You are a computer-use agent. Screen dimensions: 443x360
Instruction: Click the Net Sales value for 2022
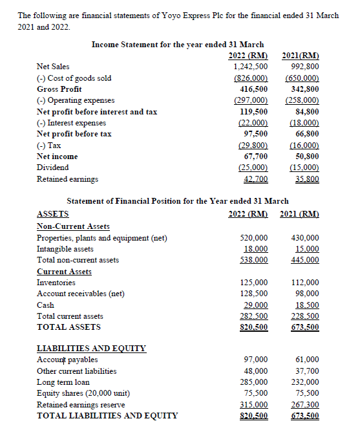coord(251,67)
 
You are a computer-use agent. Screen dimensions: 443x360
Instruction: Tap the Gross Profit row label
coord(59,89)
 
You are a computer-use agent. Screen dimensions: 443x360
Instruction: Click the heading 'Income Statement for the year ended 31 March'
coord(178,44)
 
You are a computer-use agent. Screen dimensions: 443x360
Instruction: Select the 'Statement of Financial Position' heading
coord(178,201)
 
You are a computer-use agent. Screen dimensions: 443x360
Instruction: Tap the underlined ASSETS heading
coord(53,214)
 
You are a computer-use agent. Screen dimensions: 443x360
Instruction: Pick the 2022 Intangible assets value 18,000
coord(254,249)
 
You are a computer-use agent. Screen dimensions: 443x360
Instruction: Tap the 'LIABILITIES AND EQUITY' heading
coord(91,348)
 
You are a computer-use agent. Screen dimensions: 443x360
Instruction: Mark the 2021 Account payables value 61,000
coord(307,360)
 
